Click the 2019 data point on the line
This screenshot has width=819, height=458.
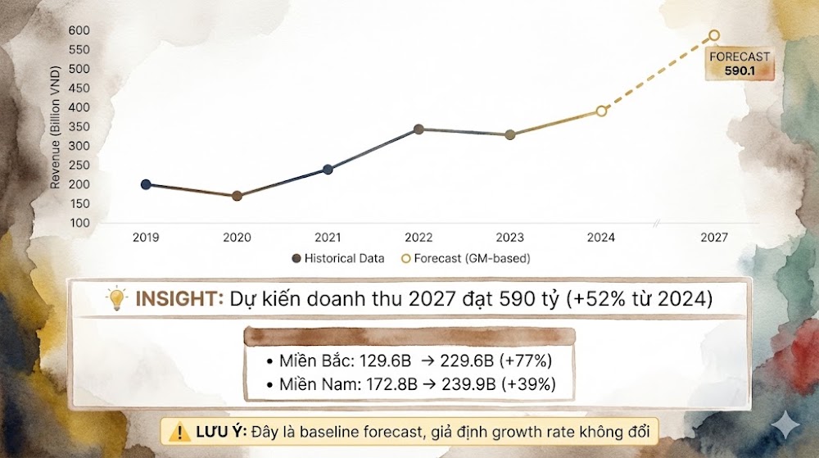coord(146,184)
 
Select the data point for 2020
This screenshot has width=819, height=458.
coord(237,196)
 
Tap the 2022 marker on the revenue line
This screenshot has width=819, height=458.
coord(419,129)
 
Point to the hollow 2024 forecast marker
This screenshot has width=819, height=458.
coord(601,111)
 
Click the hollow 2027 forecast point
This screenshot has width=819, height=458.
coord(714,35)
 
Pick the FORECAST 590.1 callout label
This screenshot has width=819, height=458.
coord(740,64)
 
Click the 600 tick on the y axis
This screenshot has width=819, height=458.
coord(79,30)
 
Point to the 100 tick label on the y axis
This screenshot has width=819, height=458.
coord(79,223)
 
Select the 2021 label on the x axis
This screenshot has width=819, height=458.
coord(328,238)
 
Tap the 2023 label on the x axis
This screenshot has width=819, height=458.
coord(509,238)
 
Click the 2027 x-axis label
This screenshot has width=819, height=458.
coord(714,238)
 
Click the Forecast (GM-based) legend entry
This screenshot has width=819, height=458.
coord(465,259)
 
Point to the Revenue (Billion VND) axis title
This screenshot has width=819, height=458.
coord(56,127)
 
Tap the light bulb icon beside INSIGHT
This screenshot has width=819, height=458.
coord(116,299)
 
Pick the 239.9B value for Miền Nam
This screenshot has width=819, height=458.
coord(468,384)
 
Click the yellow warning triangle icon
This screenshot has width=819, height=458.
coord(179,432)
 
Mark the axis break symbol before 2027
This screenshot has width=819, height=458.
coord(657,224)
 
